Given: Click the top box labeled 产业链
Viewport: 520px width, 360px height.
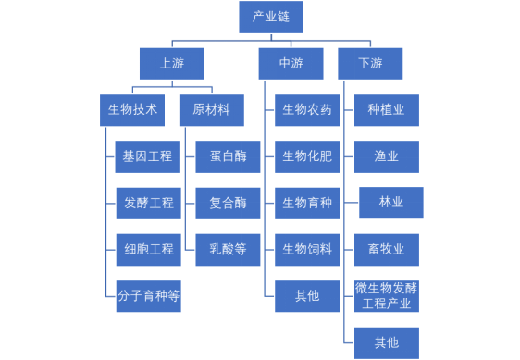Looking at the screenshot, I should tap(270, 18).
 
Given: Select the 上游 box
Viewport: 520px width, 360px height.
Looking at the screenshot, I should tap(171, 64).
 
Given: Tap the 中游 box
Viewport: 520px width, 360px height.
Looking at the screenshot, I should tap(291, 64).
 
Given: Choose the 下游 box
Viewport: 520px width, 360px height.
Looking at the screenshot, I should tap(370, 64).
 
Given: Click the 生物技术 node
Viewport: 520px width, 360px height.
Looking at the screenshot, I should tap(132, 110).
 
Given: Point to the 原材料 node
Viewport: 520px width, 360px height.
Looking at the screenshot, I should tap(211, 110).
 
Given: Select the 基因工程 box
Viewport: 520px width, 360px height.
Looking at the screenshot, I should tap(148, 156).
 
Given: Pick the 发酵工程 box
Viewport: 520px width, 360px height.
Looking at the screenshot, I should tap(148, 203).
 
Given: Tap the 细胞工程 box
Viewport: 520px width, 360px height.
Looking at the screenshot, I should tap(148, 249).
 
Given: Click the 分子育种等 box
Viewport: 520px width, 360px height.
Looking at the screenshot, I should tap(148, 296).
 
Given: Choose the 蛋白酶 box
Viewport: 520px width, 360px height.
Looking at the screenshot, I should tap(228, 156).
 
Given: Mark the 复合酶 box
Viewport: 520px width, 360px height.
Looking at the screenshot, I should tap(228, 203).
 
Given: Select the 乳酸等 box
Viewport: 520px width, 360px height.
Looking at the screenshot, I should tap(228, 249).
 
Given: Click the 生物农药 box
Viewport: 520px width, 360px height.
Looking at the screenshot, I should tap(307, 110).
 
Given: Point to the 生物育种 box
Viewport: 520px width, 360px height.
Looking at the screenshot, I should tap(307, 203).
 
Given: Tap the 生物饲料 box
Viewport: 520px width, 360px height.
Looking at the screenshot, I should tap(307, 249).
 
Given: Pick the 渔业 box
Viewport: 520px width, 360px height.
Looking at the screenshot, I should tap(386, 156).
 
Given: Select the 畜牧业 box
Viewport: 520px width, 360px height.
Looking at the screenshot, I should tap(386, 249).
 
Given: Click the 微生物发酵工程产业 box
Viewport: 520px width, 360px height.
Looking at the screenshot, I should tap(386, 296).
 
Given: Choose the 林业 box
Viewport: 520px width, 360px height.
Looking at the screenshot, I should tap(391, 202).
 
